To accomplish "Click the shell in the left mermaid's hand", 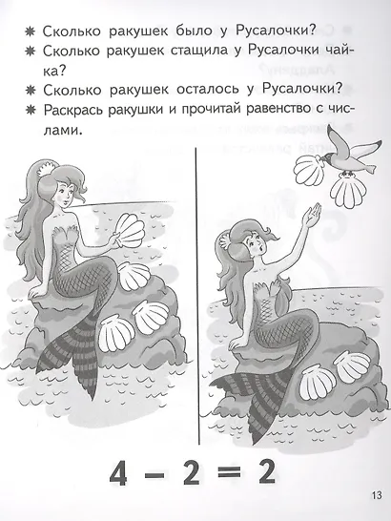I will tap(132, 231).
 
